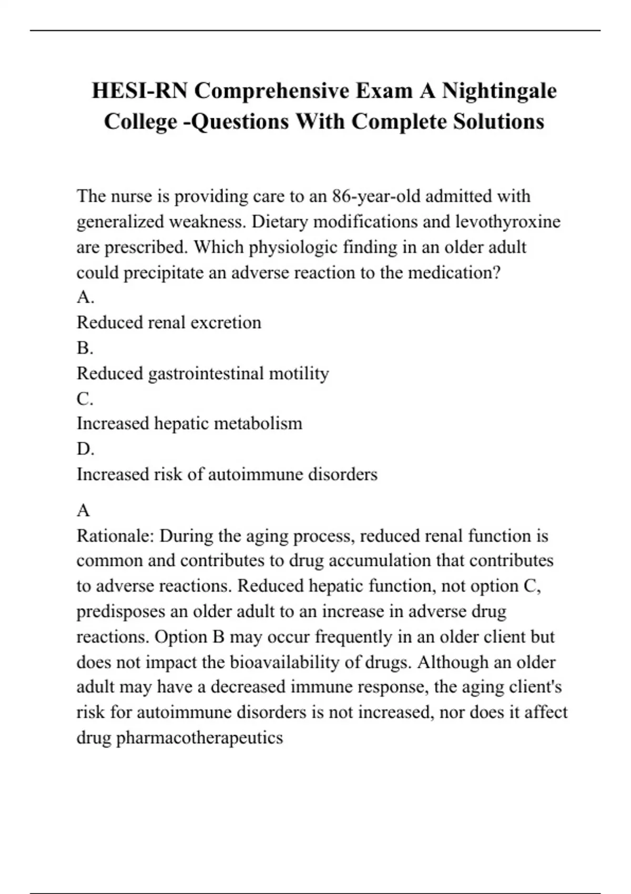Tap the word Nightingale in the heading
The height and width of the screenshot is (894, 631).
pos(499,91)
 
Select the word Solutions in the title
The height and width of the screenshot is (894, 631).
pos(498,121)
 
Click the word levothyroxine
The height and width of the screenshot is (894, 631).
pos(508,221)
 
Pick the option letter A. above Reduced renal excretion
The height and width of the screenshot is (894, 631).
pos(85,297)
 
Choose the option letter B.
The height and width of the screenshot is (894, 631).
pos(85,348)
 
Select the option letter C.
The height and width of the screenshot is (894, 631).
pos(85,399)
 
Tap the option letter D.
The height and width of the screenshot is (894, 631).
pos(85,449)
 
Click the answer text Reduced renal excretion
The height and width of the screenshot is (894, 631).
pos(169,322)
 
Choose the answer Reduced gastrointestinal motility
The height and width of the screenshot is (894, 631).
pos(202,373)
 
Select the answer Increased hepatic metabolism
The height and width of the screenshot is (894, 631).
pos(189,423)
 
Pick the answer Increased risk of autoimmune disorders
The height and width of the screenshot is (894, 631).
pos(227,474)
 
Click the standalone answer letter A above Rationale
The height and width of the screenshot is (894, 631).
pos(83,510)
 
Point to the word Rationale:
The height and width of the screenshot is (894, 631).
pos(115,536)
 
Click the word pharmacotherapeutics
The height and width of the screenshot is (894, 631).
pos(199,738)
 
